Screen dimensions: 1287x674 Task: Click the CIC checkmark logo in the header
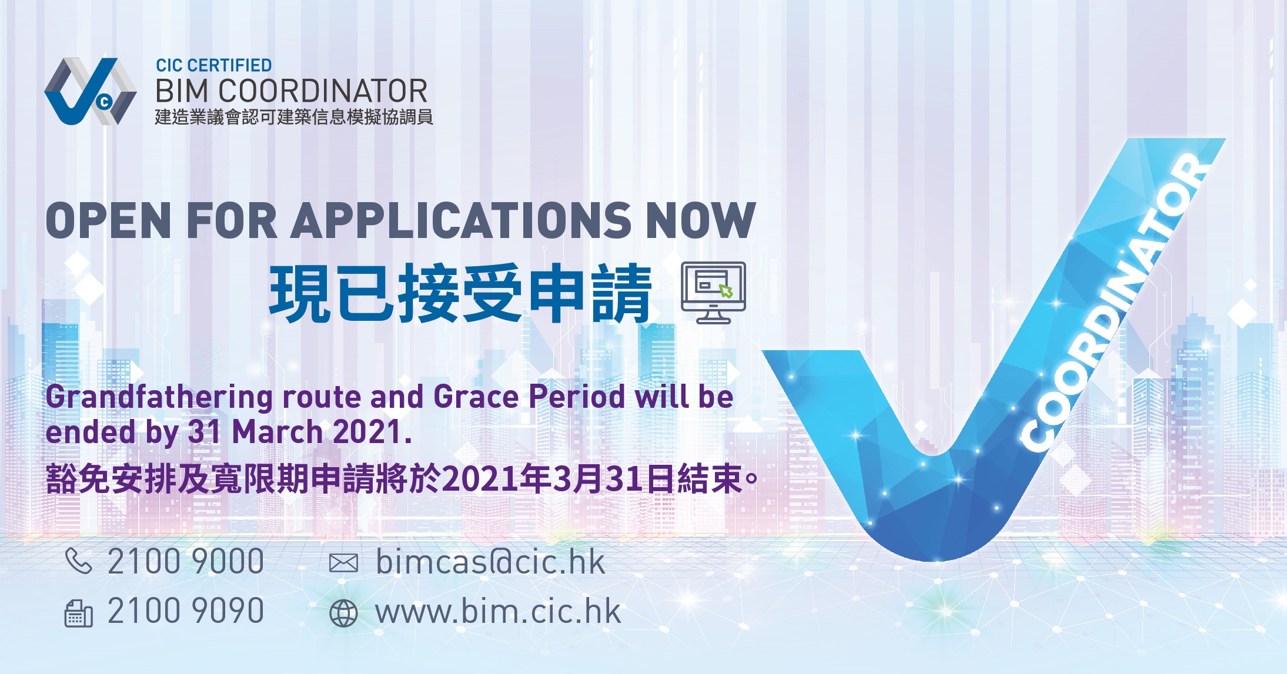tap(90, 92)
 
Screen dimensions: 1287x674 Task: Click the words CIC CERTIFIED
tap(213, 65)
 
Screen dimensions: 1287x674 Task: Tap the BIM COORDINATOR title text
tap(292, 92)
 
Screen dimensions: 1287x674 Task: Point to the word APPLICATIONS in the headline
tap(461, 220)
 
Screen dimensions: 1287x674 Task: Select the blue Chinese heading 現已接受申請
tap(460, 293)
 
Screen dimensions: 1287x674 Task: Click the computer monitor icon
tap(713, 293)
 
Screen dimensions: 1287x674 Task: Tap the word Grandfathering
tap(159, 398)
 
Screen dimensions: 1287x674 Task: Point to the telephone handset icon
tap(78, 561)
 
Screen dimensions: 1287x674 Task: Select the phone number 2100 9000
tap(186, 561)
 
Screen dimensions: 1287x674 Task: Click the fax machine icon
tap(78, 613)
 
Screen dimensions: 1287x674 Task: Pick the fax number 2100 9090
tap(186, 611)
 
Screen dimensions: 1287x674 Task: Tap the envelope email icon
tap(343, 563)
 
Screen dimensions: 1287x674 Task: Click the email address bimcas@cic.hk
tap(490, 562)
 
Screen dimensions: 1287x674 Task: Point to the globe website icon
tap(343, 613)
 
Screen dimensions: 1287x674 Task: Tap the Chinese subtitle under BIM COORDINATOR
tap(294, 117)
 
